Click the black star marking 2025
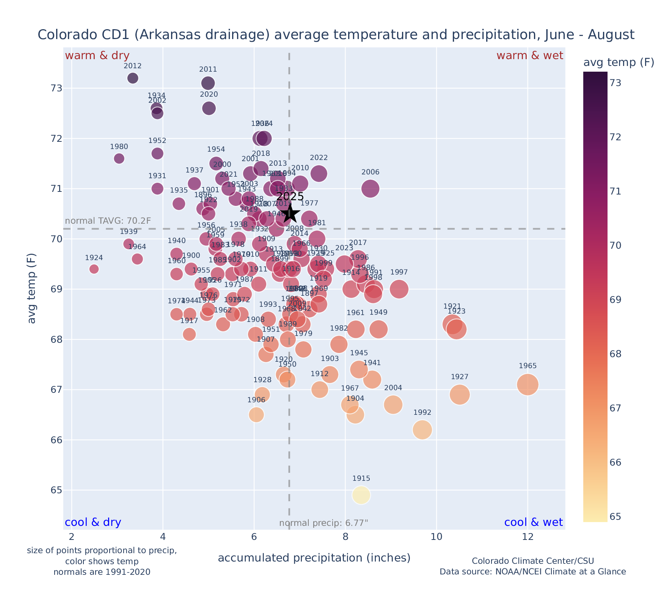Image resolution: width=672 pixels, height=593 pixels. click(290, 213)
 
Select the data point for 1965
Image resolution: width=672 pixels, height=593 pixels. click(528, 384)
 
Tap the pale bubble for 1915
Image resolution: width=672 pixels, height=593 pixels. click(361, 495)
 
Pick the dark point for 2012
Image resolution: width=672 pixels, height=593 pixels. click(133, 78)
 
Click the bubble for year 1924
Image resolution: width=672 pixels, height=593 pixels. click(94, 269)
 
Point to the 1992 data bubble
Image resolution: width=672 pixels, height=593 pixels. click(422, 430)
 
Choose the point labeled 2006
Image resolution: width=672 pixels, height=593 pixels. click(371, 188)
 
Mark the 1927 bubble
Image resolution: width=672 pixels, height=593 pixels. click(460, 395)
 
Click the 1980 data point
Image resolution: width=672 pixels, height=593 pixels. click(119, 158)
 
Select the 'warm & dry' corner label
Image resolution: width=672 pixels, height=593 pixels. click(97, 56)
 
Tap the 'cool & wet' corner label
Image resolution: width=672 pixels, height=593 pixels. click(534, 522)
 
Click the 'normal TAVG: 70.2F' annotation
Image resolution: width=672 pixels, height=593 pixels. click(108, 221)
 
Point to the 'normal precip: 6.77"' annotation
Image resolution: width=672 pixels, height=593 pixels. click(323, 523)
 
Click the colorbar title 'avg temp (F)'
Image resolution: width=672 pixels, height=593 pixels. click(619, 63)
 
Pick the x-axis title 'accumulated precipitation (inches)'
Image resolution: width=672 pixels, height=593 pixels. click(314, 558)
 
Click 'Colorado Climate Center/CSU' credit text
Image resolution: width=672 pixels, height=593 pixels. click(533, 561)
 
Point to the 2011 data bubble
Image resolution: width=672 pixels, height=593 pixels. click(208, 83)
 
